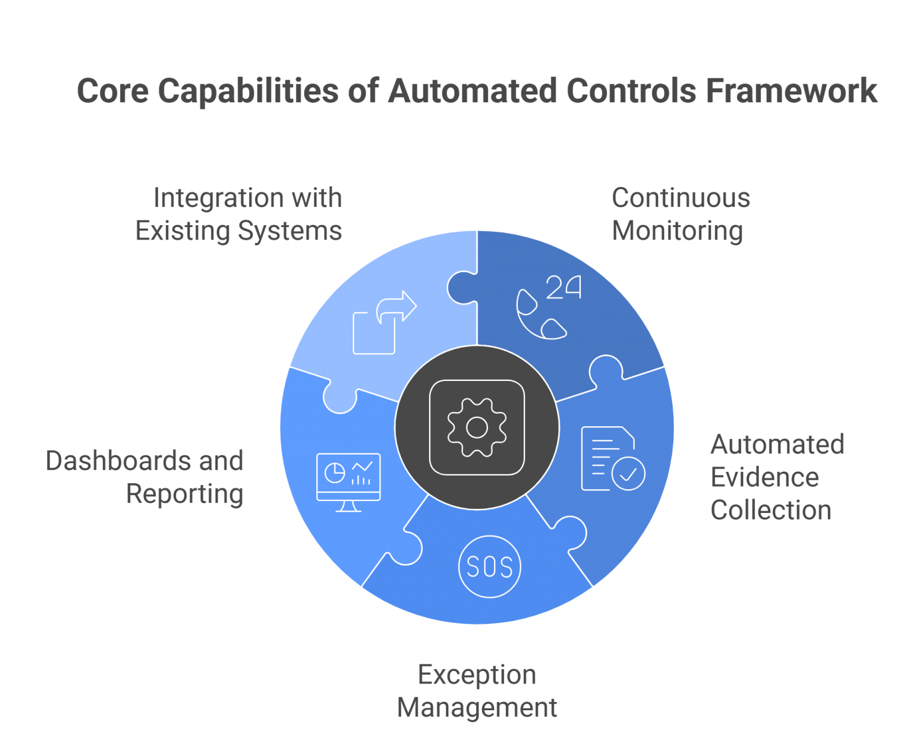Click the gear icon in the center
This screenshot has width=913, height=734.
point(477,427)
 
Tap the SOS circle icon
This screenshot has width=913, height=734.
point(489,566)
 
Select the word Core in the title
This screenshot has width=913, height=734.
point(112,91)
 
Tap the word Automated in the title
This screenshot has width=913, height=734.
point(473,91)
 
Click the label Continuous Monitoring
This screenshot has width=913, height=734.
point(680,214)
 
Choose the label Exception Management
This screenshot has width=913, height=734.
point(477,691)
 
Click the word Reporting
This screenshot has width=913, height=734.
point(184,493)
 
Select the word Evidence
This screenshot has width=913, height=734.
point(764,477)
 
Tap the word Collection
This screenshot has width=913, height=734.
point(770,510)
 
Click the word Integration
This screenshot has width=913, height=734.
point(210,198)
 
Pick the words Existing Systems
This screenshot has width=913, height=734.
point(238,231)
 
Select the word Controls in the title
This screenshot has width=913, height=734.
point(631,91)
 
